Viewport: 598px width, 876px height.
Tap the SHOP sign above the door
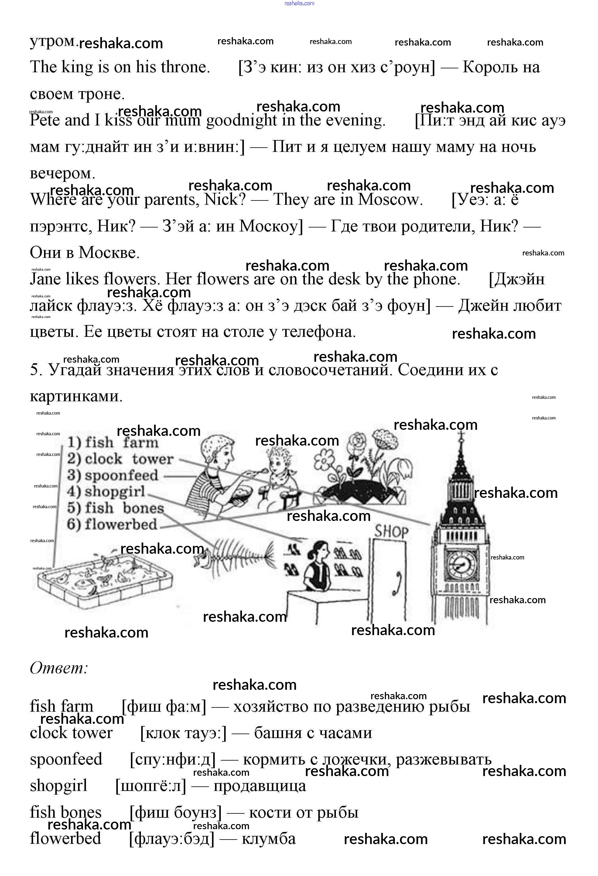tap(391, 532)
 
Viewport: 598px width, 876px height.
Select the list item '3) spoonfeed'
tap(113, 475)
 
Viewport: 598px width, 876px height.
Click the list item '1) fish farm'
tap(113, 443)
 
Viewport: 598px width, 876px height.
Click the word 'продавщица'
tap(260, 786)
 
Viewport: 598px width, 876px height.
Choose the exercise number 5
tap(35, 370)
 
